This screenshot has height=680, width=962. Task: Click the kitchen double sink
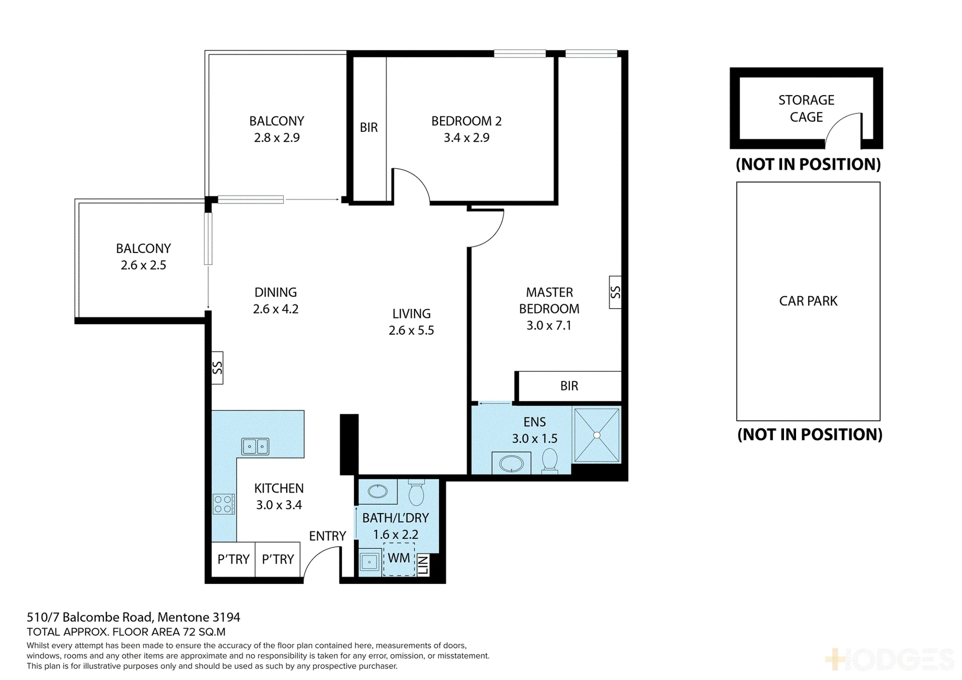tap(256, 446)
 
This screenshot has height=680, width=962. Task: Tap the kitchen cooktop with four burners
tap(224, 504)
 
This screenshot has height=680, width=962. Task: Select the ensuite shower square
tap(597, 435)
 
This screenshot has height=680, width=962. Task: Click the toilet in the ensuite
tap(550, 460)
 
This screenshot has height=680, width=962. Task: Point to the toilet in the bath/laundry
tap(416, 493)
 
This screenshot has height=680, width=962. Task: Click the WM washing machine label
tap(399, 558)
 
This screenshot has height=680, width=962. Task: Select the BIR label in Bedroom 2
tap(369, 127)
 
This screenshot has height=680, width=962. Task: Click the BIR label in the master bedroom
tap(569, 386)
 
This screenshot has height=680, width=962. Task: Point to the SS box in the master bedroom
tap(615, 292)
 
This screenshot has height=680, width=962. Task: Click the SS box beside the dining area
tap(217, 368)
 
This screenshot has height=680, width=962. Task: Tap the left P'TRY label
tap(234, 559)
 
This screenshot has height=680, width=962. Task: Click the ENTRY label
tap(327, 536)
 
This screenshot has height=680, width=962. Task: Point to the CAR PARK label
tap(808, 301)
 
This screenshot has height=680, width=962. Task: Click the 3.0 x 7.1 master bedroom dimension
tap(549, 326)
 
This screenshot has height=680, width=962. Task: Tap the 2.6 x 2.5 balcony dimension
tap(143, 266)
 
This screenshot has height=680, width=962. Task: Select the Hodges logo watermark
tap(890, 659)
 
